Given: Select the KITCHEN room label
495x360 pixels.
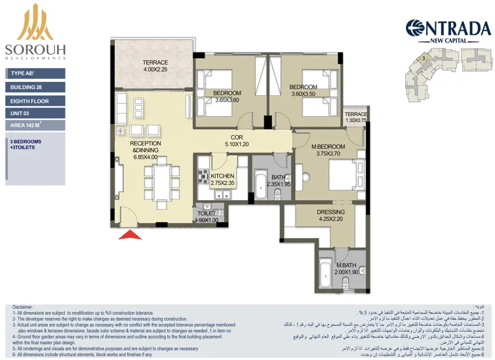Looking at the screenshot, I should click(222, 180).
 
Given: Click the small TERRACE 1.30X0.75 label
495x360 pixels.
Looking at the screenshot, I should click(356, 117).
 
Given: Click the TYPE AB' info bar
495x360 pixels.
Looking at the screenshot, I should click(35, 74).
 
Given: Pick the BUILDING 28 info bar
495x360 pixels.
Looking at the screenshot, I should click(35, 87).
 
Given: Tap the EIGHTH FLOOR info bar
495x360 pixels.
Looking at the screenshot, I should click(35, 101).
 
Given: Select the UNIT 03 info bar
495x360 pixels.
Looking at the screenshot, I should click(35, 113).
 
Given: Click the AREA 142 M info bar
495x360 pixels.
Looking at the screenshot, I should click(35, 125).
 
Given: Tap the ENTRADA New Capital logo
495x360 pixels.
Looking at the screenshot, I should click(448, 30).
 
